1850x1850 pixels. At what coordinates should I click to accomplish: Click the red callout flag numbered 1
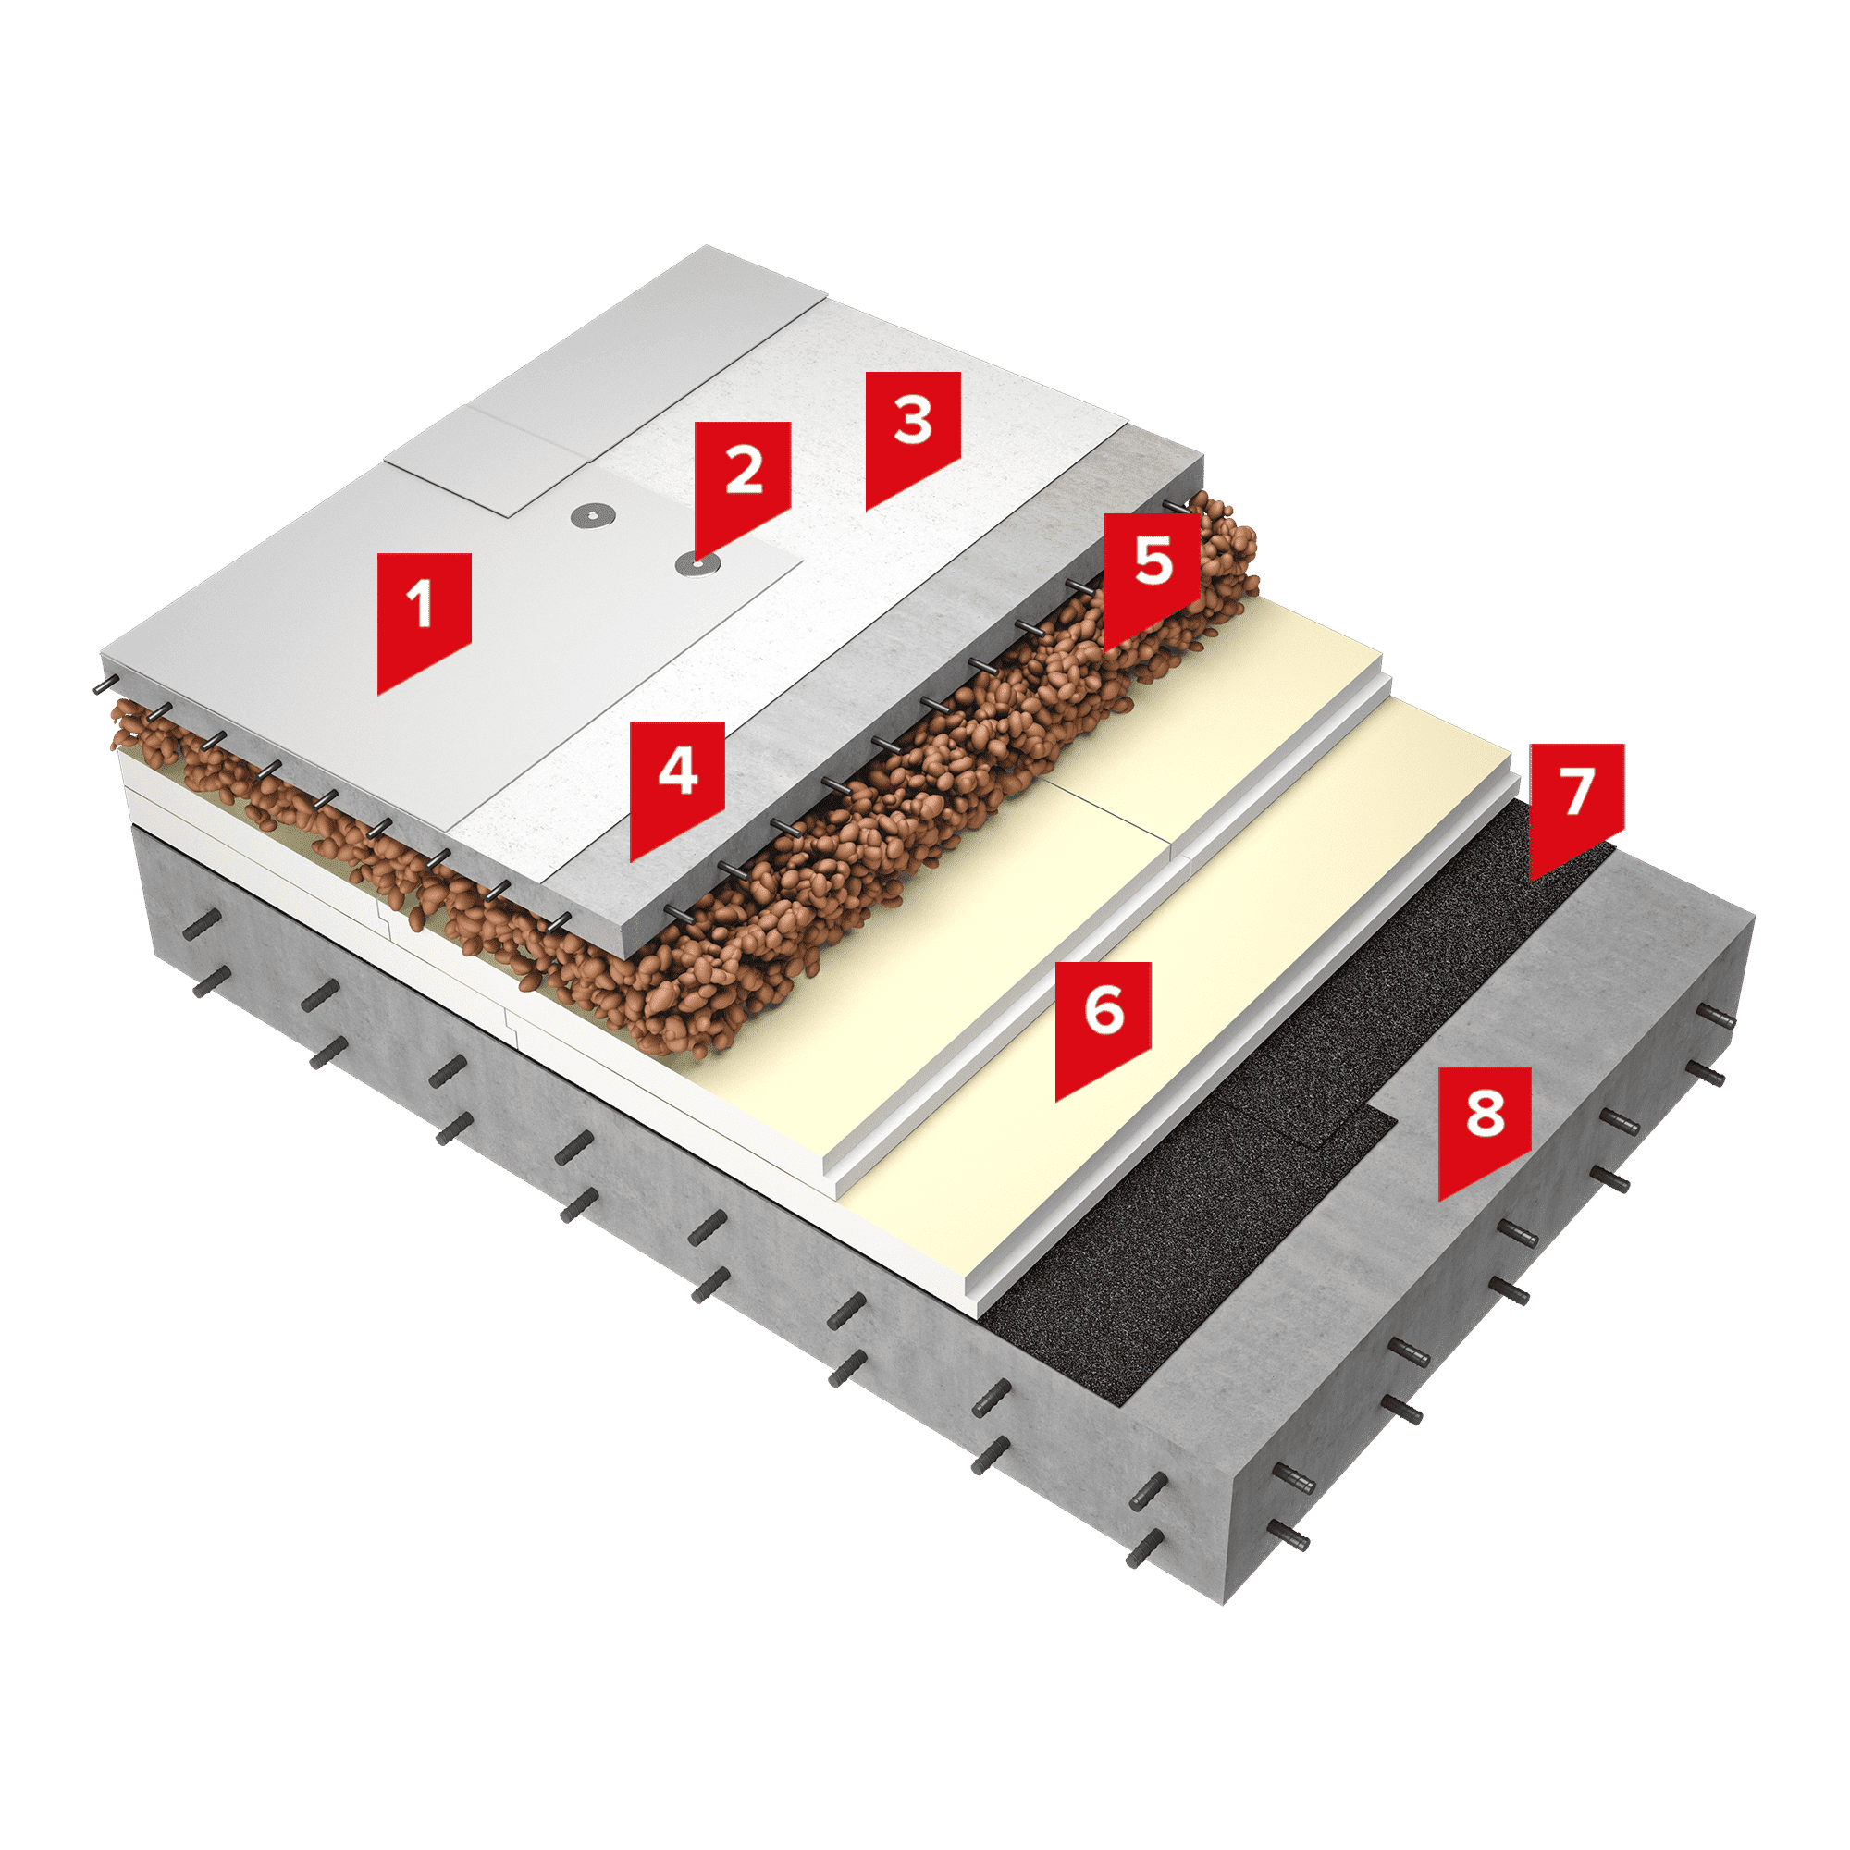pyautogui.click(x=424, y=613)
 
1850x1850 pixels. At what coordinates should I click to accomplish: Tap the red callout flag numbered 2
pyautogui.click(x=742, y=479)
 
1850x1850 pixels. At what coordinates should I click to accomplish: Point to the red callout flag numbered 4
pyautogui.click(x=677, y=781)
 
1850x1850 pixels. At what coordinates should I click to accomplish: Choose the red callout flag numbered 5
pyautogui.click(x=1151, y=571)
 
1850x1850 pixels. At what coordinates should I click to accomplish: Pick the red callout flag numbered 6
pyautogui.click(x=1104, y=1018)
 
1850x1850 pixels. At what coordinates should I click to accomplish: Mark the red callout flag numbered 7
pyautogui.click(x=1577, y=800)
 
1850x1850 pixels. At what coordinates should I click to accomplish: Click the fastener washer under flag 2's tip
pyautogui.click(x=697, y=565)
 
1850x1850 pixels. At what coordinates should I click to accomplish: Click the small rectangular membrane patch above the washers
pyautogui.click(x=488, y=460)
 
